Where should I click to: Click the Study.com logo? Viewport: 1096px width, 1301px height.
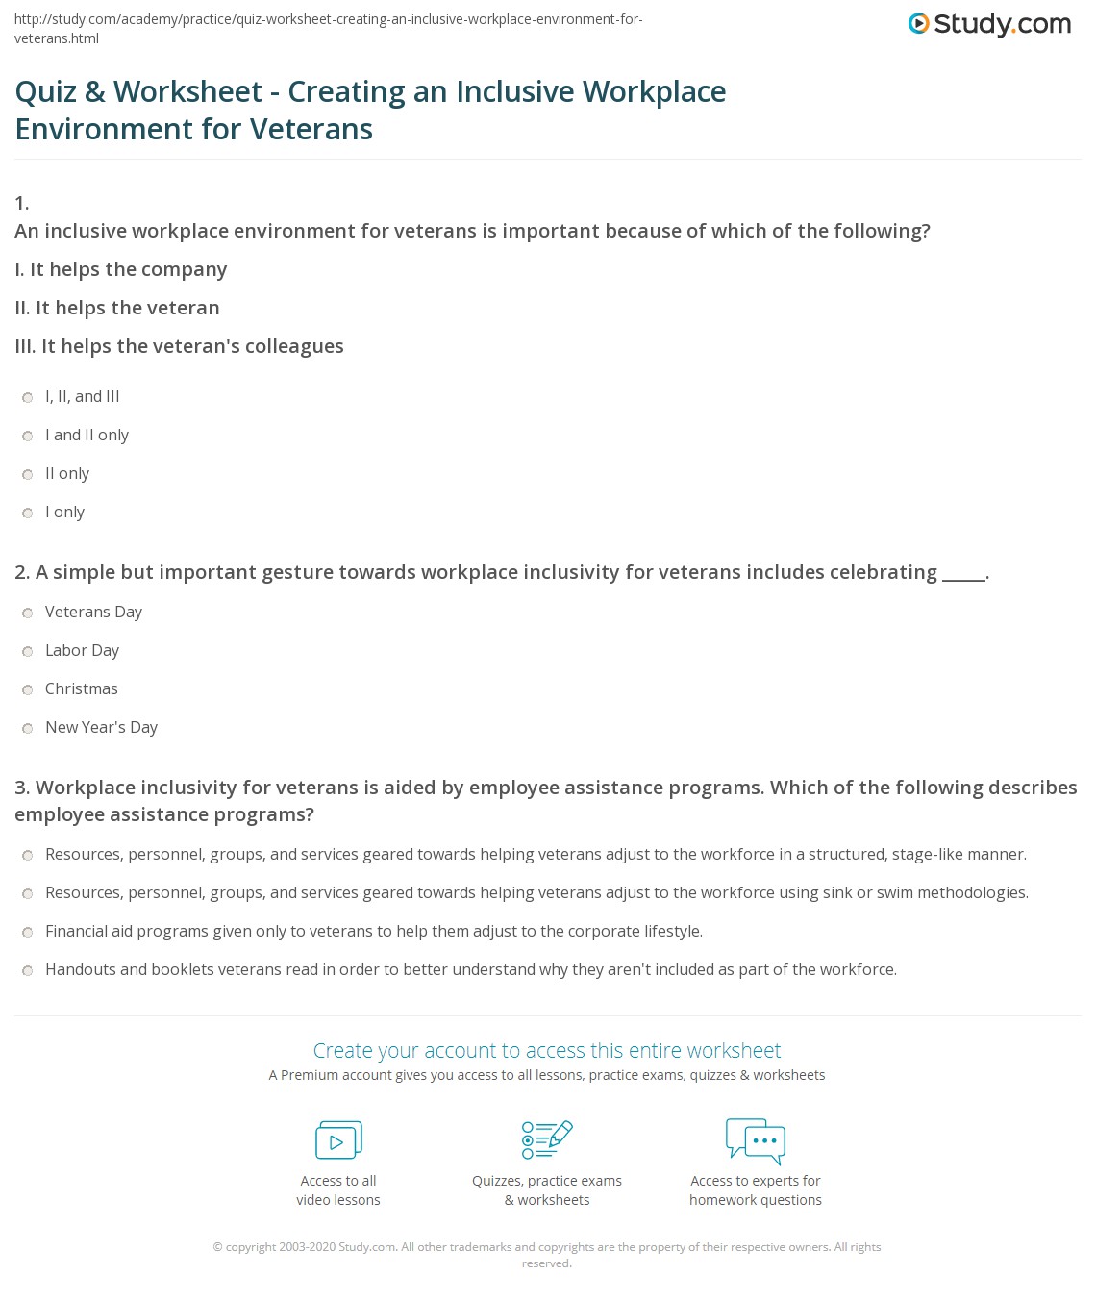[989, 24]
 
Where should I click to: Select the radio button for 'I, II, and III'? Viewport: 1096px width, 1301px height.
[28, 397]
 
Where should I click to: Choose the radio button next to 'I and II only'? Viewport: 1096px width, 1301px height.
[28, 436]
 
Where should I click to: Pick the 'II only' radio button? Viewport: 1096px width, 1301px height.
[28, 474]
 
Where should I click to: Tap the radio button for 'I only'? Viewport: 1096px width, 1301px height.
[28, 513]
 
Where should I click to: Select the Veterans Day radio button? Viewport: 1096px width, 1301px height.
[28, 613]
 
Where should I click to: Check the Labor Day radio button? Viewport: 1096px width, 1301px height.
[28, 651]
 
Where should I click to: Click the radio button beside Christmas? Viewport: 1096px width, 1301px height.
[28, 689]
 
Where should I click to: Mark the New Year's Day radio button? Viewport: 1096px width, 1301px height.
[28, 728]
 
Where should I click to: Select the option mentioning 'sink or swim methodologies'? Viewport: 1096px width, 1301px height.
[28, 893]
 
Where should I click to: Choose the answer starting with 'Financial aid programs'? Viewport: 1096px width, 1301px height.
[28, 932]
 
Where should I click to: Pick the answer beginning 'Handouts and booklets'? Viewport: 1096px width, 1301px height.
[28, 970]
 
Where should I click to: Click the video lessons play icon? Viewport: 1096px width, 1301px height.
[338, 1140]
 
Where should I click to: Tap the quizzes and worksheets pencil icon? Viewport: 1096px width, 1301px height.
[547, 1139]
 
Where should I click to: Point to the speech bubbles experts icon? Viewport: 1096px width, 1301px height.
[756, 1140]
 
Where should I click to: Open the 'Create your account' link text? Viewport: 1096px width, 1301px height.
[547, 1050]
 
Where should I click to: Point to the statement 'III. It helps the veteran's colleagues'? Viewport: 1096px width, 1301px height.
[180, 346]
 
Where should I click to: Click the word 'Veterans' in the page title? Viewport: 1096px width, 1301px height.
[311, 129]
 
